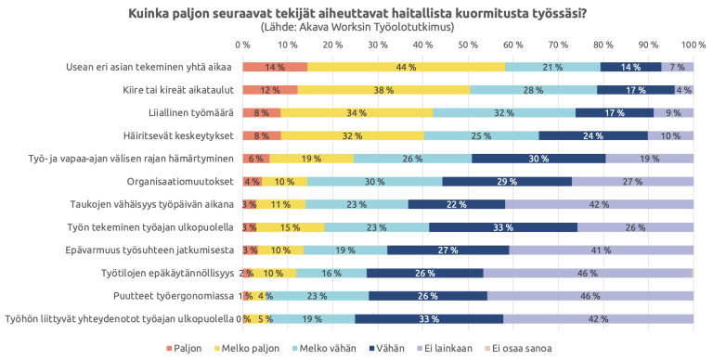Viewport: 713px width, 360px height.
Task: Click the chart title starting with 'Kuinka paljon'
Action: [x=356, y=12]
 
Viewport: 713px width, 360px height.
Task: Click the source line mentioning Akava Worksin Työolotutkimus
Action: [x=356, y=27]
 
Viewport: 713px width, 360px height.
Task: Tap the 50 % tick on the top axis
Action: [x=468, y=45]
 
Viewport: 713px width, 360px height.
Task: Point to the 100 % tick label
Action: [x=693, y=45]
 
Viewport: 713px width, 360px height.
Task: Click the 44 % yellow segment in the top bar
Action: [x=406, y=67]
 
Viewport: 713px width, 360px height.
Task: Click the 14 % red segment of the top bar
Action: [x=275, y=67]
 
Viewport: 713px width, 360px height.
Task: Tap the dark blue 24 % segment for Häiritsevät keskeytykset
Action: [x=593, y=135]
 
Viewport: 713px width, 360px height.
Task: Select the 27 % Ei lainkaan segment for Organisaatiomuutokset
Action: [x=632, y=181]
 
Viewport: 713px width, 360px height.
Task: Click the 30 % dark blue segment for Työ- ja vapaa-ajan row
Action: [x=538, y=159]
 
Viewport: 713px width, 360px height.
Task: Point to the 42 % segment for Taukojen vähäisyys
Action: [x=599, y=204]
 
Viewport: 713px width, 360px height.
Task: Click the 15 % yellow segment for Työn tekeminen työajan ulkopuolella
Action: [x=290, y=227]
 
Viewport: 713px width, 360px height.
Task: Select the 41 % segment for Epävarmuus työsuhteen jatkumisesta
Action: [x=601, y=250]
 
